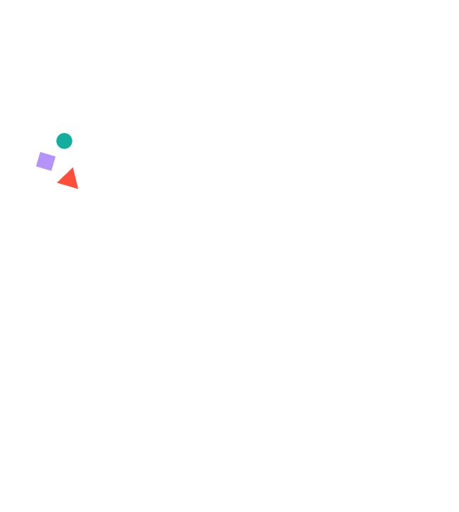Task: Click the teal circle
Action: pyautogui.click(x=64, y=141)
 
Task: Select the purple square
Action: pyautogui.click(x=46, y=161)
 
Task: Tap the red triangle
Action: pyautogui.click(x=69, y=179)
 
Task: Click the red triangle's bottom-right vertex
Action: pyautogui.click(x=78, y=189)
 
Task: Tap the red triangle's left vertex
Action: pyautogui.click(x=57, y=182)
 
